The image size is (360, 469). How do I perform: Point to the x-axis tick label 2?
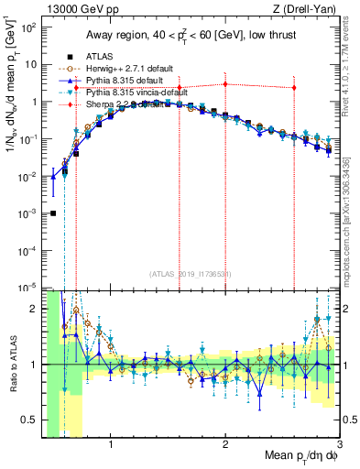225,444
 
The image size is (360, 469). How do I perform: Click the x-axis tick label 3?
339,444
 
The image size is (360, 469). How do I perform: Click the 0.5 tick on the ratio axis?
29,420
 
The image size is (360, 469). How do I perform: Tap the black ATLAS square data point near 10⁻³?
53,213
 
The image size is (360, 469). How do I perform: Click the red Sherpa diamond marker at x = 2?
225,84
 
